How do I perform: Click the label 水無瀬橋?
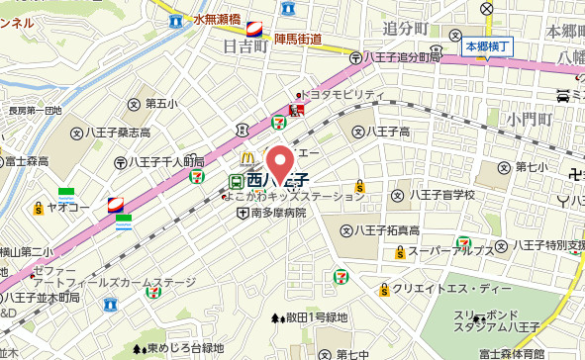pos(218,20)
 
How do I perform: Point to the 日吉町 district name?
pos(244,45)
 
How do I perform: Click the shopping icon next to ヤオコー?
pos(38,208)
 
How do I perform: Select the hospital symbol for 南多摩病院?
pos(242,212)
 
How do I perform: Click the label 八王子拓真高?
pos(386,230)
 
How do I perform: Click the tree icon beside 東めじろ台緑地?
pos(138,348)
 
